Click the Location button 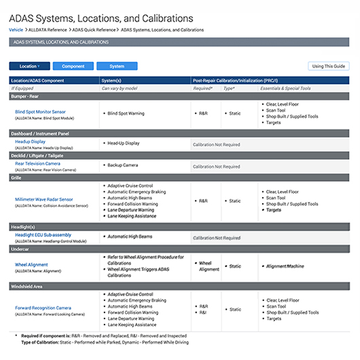[30, 66]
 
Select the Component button [73, 66]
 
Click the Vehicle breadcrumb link [16, 30]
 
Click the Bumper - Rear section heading [28, 96]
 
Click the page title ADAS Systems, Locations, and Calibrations [101, 17]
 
